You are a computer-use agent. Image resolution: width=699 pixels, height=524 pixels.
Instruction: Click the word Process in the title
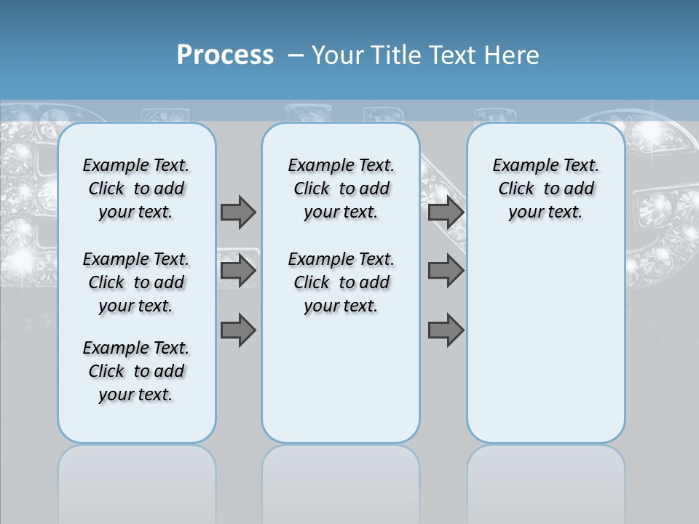(x=225, y=55)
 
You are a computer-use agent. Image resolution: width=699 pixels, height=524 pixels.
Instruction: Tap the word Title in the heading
(x=397, y=55)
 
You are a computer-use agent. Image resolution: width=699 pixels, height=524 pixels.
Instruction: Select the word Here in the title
(x=513, y=55)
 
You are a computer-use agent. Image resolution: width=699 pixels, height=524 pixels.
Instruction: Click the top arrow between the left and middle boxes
(x=238, y=212)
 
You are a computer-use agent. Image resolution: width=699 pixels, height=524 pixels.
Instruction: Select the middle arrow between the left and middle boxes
(x=238, y=271)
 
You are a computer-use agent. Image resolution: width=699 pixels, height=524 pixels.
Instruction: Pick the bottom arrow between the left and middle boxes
(x=238, y=330)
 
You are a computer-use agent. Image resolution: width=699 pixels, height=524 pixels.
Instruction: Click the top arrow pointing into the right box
(x=446, y=212)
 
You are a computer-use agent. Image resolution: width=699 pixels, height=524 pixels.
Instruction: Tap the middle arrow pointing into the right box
(x=446, y=271)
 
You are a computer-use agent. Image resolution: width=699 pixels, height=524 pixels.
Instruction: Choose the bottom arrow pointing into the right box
(x=446, y=330)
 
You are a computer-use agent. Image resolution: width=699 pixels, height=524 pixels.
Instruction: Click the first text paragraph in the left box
(x=136, y=188)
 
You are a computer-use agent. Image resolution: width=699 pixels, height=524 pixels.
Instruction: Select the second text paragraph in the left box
(x=136, y=282)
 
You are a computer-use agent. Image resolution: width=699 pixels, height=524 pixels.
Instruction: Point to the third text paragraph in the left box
(x=136, y=371)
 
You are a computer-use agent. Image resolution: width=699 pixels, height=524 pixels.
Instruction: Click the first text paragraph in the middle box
(x=341, y=188)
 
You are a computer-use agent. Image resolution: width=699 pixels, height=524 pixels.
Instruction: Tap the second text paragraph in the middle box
(x=341, y=282)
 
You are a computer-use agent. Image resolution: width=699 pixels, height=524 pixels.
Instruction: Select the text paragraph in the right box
(x=545, y=188)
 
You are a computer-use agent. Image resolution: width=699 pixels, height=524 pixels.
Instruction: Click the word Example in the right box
(x=520, y=166)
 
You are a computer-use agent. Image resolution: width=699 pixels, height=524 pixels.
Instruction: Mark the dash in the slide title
(x=296, y=55)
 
